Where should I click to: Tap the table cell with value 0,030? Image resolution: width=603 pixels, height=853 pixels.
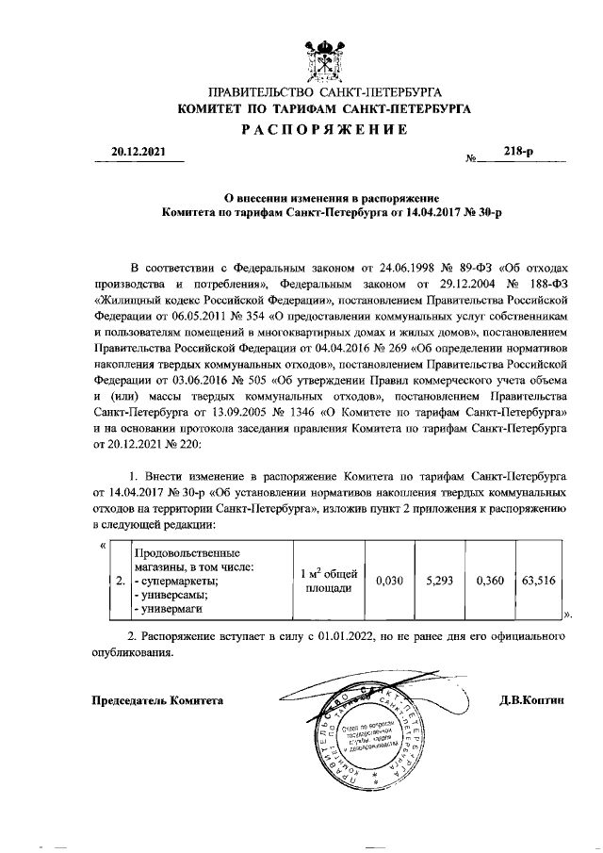pos(389,582)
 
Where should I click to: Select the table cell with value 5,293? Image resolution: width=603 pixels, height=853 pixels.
pos(440,582)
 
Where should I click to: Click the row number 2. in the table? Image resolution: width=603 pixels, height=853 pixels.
pos(119,582)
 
